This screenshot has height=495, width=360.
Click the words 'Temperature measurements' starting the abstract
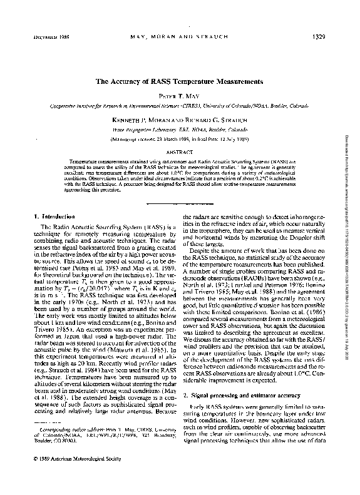point(94,160)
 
